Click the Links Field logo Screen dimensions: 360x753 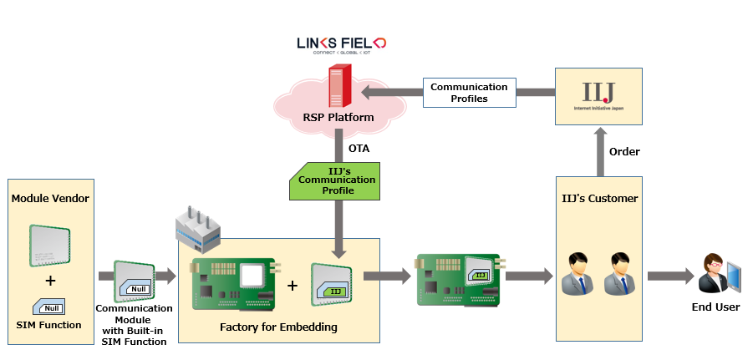[x=340, y=44]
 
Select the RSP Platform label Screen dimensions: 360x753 [x=338, y=118]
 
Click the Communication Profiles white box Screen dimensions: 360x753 [x=469, y=93]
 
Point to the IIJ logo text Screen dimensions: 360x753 [x=598, y=91]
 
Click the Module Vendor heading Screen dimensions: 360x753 [x=49, y=198]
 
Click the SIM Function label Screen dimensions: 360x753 [x=50, y=325]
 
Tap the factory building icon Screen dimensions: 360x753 [x=199, y=228]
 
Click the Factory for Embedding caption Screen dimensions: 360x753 [x=278, y=327]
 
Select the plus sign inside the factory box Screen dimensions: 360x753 [x=292, y=285]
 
